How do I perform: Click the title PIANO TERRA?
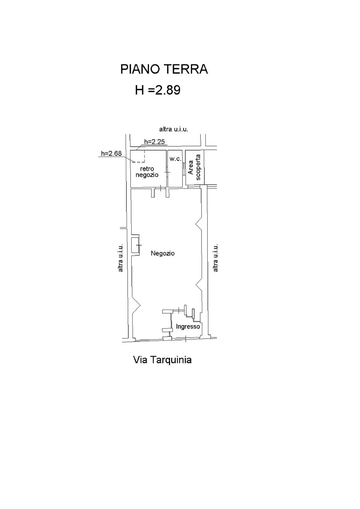point(164,69)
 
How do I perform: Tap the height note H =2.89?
point(158,90)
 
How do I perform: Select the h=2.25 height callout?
point(154,142)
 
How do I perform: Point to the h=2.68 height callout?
point(111,153)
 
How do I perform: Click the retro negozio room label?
point(147,172)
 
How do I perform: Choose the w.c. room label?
point(175,159)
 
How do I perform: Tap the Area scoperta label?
point(194,167)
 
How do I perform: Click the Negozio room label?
point(163,253)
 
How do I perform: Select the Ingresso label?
point(188,327)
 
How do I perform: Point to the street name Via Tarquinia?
point(162,360)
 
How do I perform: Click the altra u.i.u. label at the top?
point(174,129)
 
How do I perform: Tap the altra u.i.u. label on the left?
point(121,258)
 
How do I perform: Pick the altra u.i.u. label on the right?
point(215,258)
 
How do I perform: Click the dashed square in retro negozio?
point(138,156)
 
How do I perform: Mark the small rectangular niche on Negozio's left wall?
point(135,245)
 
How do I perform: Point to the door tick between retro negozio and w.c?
point(167,172)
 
